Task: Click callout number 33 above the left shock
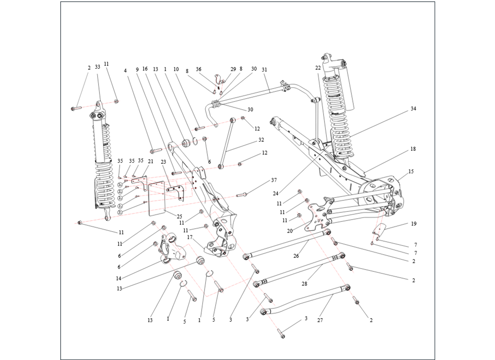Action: coord(98,67)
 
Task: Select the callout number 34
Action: coord(413,109)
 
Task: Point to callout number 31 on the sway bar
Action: coord(264,69)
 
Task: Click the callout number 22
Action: coord(318,68)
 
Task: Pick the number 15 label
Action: coord(411,171)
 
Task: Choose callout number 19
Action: coord(414,224)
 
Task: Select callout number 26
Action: coord(296,256)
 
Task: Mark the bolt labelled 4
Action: coord(157,150)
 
